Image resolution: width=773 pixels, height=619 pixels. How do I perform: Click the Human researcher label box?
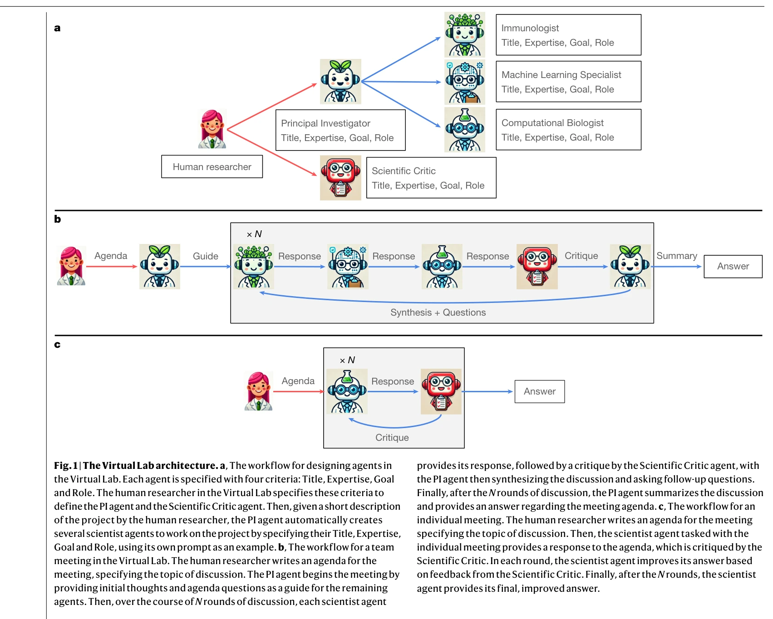tap(212, 167)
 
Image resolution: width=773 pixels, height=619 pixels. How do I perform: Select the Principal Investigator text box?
tap(340, 130)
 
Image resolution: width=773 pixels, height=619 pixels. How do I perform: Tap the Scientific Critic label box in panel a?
tap(431, 178)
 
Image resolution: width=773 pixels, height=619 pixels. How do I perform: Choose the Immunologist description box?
tap(568, 35)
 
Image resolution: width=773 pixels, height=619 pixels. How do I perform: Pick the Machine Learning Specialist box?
tap(568, 82)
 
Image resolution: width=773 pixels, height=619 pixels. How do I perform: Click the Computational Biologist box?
tap(568, 130)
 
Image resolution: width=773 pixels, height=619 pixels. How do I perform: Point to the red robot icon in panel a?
tap(340, 178)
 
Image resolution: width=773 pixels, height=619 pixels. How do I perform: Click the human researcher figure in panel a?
tap(212, 129)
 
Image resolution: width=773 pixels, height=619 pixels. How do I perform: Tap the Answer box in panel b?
tap(733, 266)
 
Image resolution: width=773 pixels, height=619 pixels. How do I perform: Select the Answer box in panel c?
tap(539, 391)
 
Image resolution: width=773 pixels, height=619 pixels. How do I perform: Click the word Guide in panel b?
tap(206, 256)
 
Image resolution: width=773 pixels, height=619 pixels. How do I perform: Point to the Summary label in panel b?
tap(676, 256)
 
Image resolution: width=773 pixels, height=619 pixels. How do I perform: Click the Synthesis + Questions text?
tap(438, 312)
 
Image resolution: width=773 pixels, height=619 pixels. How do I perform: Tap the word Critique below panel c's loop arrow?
tap(392, 438)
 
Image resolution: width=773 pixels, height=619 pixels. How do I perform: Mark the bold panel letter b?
tap(58, 219)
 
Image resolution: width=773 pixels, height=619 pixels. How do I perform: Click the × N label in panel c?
tap(347, 360)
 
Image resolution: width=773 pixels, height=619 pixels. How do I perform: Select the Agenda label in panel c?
tap(298, 381)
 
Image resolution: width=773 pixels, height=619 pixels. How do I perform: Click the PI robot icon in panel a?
tap(340, 82)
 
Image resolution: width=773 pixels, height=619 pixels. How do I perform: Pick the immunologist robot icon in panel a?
tap(464, 34)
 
